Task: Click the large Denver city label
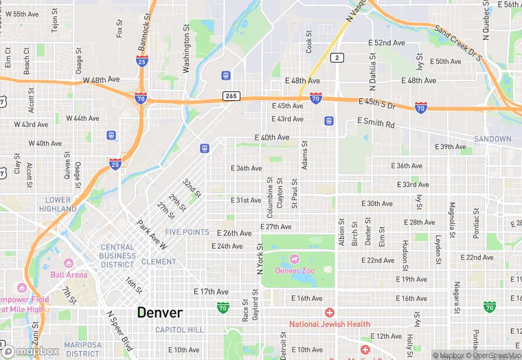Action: [160, 313]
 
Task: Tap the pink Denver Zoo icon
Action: [295, 259]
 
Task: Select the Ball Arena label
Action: [69, 274]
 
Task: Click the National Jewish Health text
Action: [329, 324]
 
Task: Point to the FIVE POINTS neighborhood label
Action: [187, 232]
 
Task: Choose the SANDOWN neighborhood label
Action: [492, 139]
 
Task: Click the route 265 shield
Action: [231, 96]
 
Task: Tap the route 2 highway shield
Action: [337, 58]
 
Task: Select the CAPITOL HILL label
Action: [179, 330]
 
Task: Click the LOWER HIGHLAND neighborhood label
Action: [58, 204]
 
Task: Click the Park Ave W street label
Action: [152, 235]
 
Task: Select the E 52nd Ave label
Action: [387, 43]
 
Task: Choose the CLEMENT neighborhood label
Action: [159, 262]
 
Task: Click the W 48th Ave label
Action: [102, 80]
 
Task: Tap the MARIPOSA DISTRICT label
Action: [82, 349]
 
